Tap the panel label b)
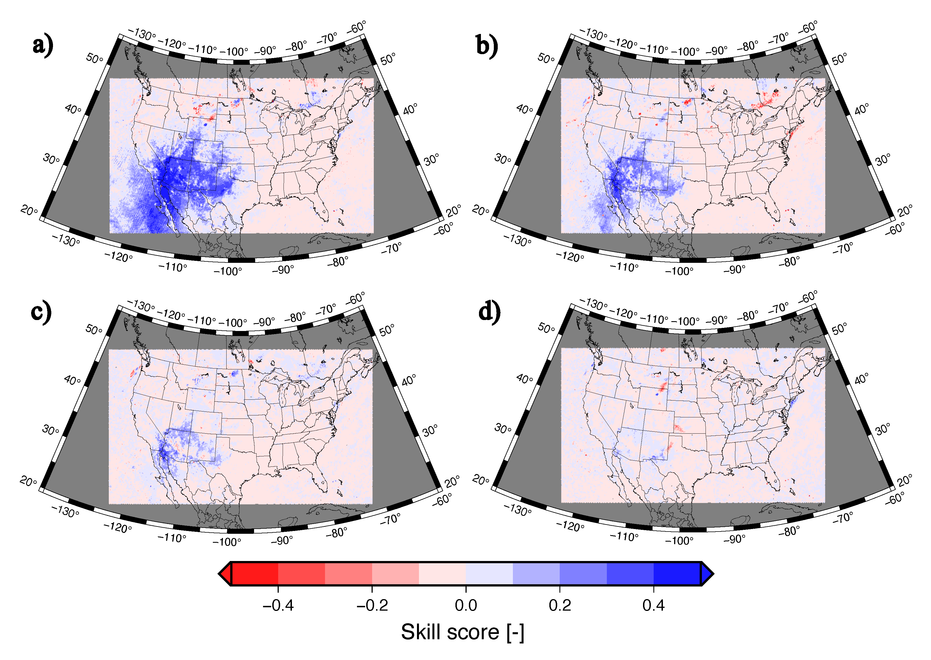tap(487, 45)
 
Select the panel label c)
tap(41, 312)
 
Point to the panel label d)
tap(489, 312)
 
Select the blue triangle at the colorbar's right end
tap(707, 574)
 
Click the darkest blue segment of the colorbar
tap(677, 574)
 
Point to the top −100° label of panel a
tap(234, 52)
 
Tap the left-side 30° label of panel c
tap(50, 429)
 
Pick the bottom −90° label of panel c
tap(282, 541)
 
